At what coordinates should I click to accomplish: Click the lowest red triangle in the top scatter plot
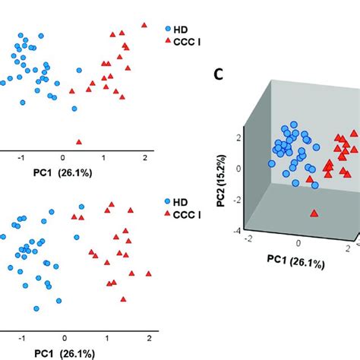pos(79,141)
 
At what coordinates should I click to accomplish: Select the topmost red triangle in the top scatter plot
pos(144,25)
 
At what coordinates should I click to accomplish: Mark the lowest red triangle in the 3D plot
pos(314,213)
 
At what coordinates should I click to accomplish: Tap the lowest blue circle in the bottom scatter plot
pos(36,308)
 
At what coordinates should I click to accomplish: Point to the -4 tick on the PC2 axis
pos(238,231)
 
